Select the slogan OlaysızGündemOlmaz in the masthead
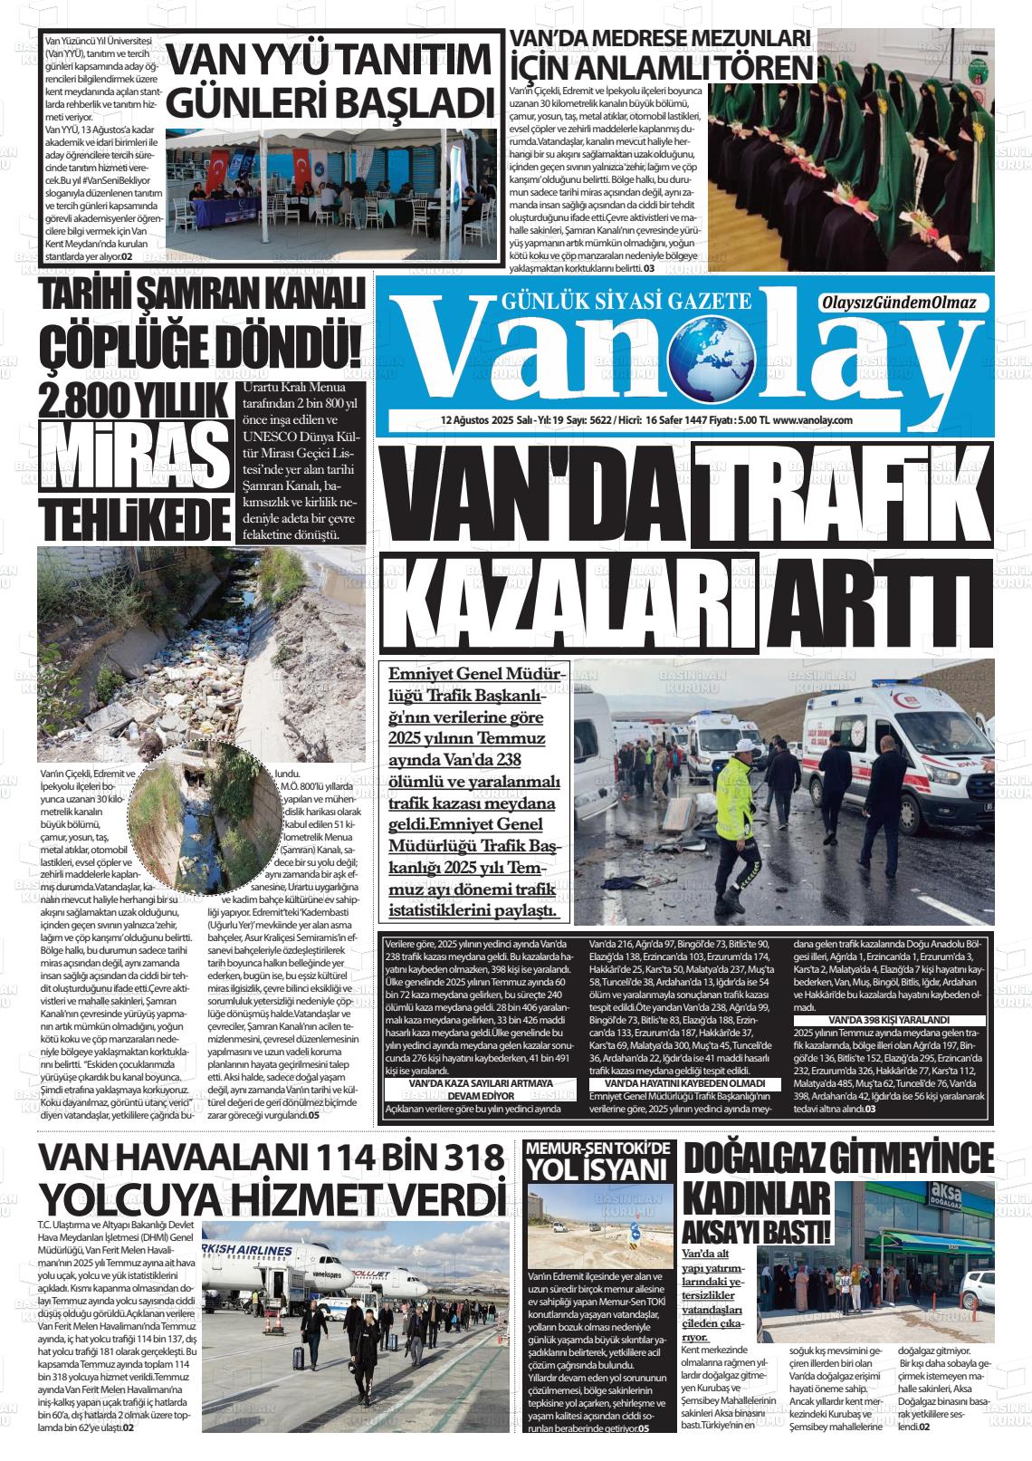[x=899, y=303]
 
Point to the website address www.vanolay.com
[x=813, y=420]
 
